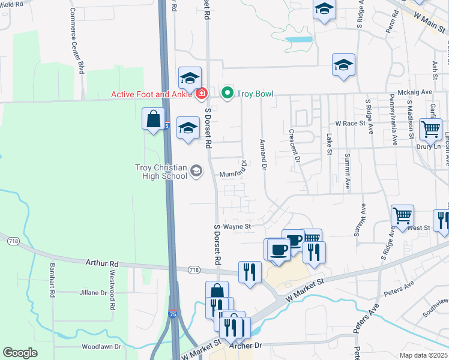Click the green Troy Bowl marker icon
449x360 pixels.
coord(228,93)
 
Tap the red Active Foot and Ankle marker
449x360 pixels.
coord(202,94)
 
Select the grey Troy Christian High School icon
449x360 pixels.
coord(196,172)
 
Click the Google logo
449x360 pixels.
coord(20,353)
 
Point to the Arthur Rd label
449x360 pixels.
coord(102,263)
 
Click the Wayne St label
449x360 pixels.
coord(237,227)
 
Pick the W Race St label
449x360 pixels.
coord(350,123)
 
